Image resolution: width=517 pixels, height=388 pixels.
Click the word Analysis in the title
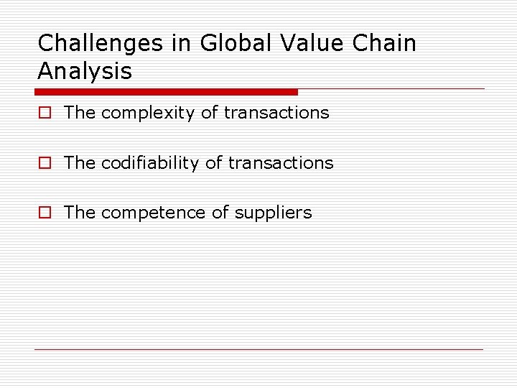pyautogui.click(x=85, y=71)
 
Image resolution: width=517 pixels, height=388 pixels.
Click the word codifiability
pyautogui.click(x=150, y=163)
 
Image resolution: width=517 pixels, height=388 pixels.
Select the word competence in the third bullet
pyautogui.click(x=152, y=213)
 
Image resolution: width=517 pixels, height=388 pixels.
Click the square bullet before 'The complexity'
pyautogui.click(x=45, y=113)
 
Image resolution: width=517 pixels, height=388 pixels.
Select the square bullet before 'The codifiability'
pyautogui.click(x=45, y=163)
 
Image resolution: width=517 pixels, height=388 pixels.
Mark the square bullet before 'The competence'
pyautogui.click(x=45, y=213)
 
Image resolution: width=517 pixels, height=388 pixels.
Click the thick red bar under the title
pyautogui.click(x=166, y=92)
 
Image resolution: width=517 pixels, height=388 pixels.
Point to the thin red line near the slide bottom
pyautogui.click(x=258, y=350)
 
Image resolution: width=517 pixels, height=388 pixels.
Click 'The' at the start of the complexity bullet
pyautogui.click(x=80, y=113)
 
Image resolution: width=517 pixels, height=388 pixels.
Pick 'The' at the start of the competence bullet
pyautogui.click(x=80, y=213)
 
